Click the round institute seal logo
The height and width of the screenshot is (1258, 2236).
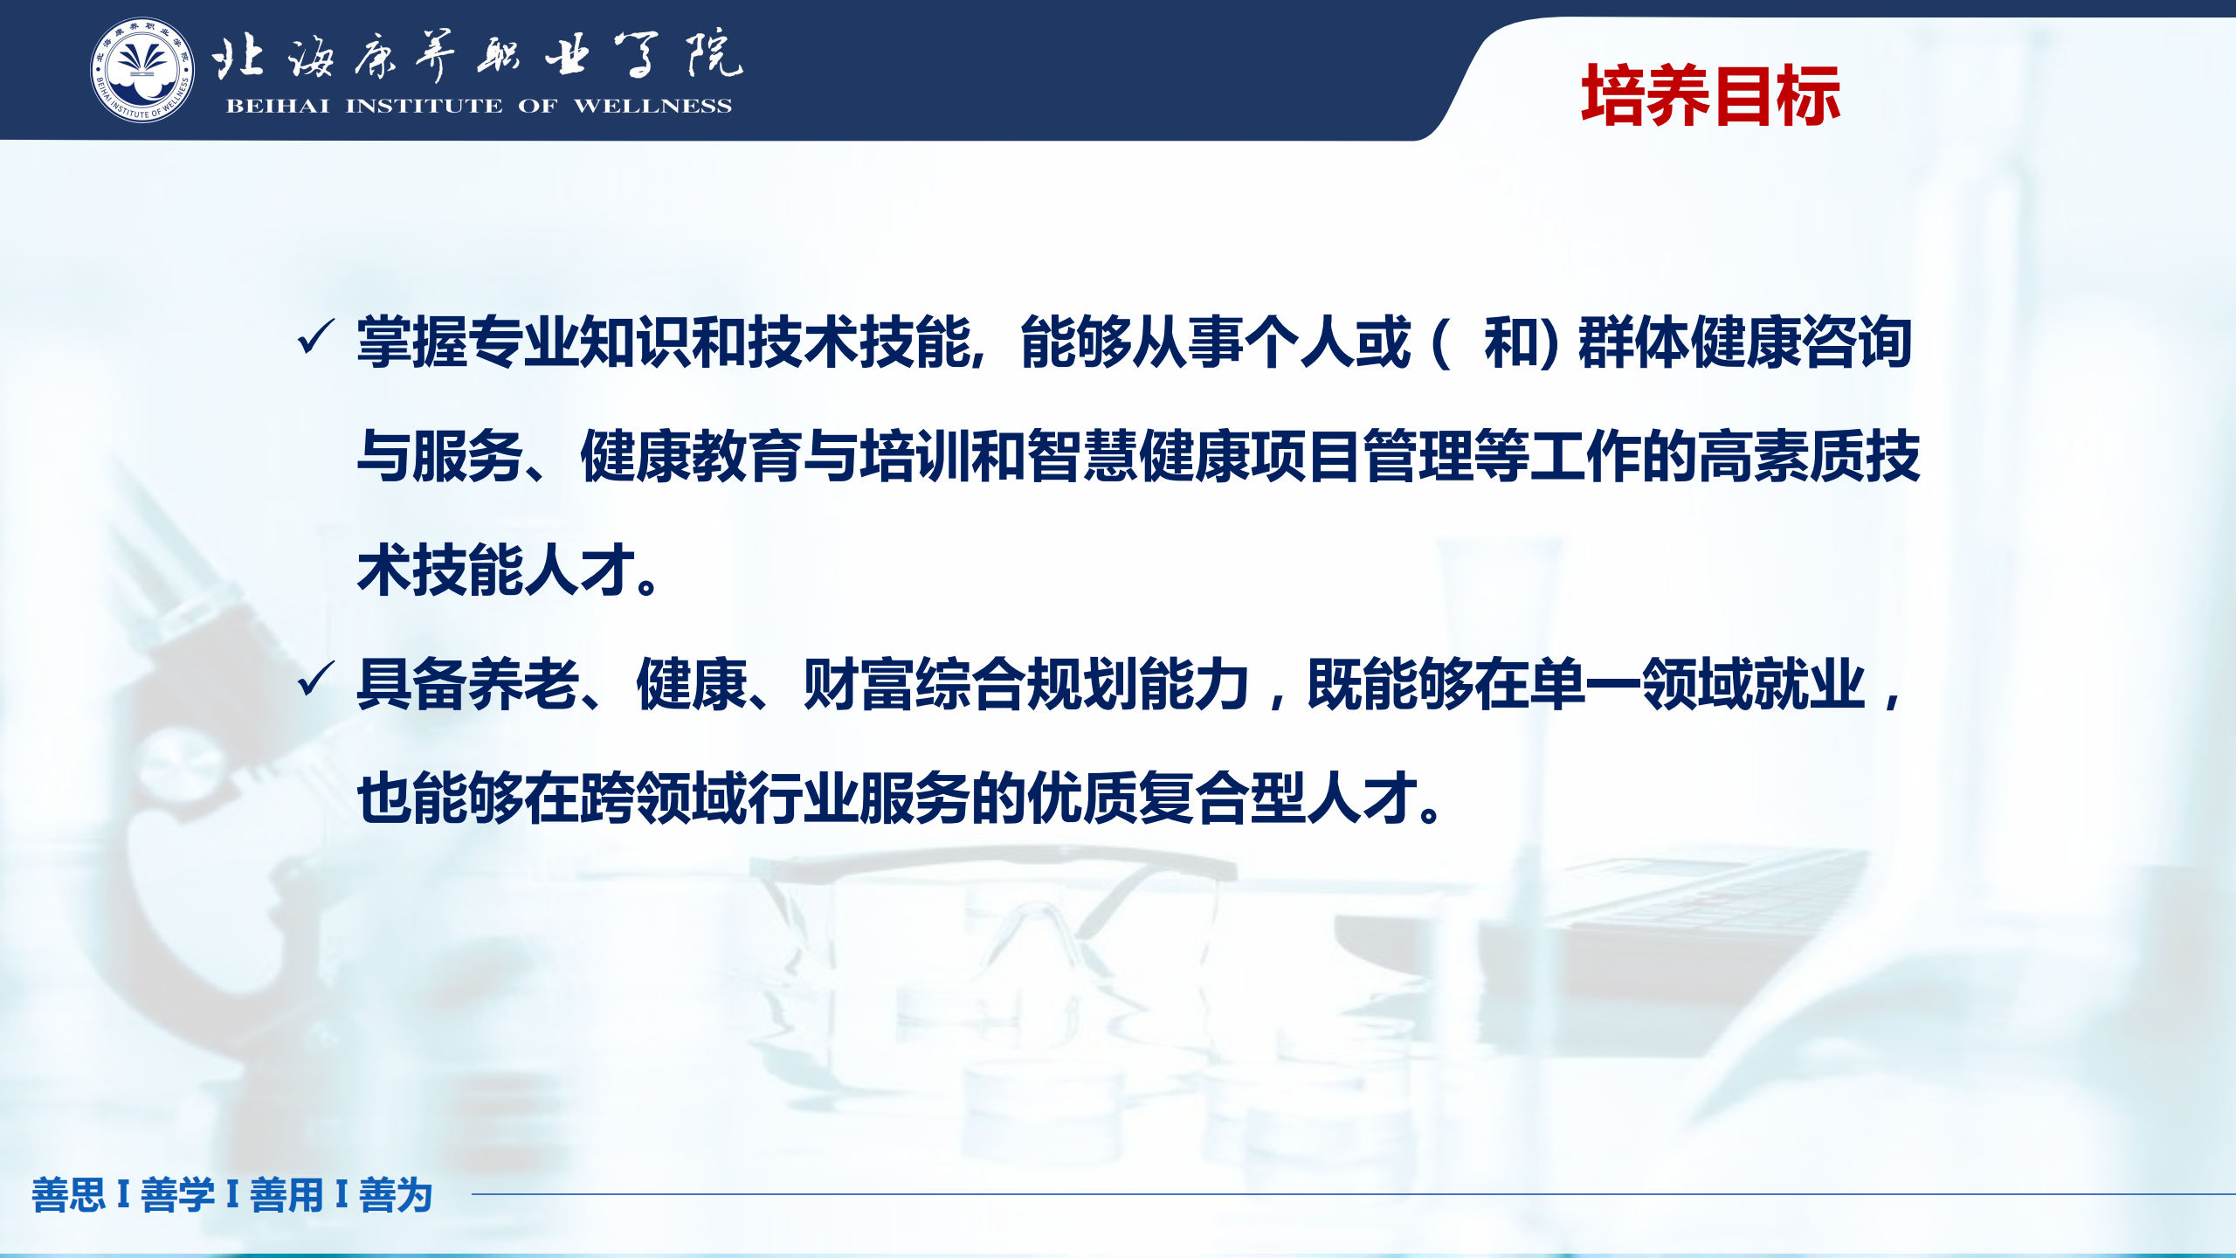[x=142, y=70]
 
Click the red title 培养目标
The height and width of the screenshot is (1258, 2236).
[x=1711, y=95]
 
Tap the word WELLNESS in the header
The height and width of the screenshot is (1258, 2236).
[x=652, y=106]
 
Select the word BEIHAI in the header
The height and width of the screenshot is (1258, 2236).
[x=278, y=106]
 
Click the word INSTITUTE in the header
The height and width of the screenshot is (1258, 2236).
[x=424, y=106]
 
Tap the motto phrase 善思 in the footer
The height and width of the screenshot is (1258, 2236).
[x=69, y=1194]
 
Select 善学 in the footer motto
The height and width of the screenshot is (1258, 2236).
[x=177, y=1194]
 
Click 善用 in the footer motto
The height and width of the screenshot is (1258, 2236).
[x=286, y=1194]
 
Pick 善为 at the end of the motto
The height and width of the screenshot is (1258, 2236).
[x=396, y=1194]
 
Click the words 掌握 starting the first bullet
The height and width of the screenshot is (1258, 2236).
[x=412, y=342]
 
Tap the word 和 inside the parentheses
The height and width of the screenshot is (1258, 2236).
[x=1511, y=342]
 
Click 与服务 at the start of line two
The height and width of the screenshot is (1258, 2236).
[x=440, y=456]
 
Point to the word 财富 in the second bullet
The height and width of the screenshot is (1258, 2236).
[x=859, y=684]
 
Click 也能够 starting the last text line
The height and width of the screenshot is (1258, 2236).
[x=440, y=798]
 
